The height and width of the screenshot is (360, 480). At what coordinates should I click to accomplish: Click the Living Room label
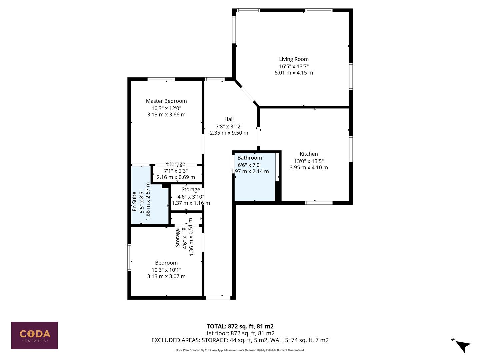pyautogui.click(x=294, y=59)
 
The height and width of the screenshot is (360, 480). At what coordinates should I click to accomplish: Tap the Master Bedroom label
pyautogui.click(x=166, y=101)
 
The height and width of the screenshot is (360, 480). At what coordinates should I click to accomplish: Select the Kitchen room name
pyautogui.click(x=309, y=154)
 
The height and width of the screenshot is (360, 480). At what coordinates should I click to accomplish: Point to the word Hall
pyautogui.click(x=229, y=119)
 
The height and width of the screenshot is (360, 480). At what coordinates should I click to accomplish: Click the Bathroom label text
pyautogui.click(x=250, y=158)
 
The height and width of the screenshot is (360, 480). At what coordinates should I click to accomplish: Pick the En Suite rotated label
pyautogui.click(x=134, y=201)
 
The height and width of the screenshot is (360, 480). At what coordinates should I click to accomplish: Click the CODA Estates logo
pyautogui.click(x=34, y=335)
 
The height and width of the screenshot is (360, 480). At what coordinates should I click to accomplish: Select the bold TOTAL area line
pyautogui.click(x=240, y=326)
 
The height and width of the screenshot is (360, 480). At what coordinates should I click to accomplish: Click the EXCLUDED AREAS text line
pyautogui.click(x=240, y=340)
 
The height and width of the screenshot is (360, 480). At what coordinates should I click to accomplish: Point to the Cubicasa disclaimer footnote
pyautogui.click(x=240, y=350)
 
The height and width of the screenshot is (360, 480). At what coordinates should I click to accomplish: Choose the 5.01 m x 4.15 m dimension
pyautogui.click(x=294, y=73)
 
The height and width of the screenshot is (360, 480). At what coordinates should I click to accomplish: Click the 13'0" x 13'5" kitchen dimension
pyautogui.click(x=309, y=161)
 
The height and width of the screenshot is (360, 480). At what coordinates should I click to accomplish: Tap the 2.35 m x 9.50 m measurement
pyautogui.click(x=229, y=133)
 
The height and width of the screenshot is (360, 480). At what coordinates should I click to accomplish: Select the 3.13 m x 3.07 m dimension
pyautogui.click(x=166, y=276)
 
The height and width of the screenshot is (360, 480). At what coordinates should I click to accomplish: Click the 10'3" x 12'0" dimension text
pyautogui.click(x=166, y=108)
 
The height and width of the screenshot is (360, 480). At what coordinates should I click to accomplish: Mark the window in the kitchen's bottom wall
pyautogui.click(x=319, y=203)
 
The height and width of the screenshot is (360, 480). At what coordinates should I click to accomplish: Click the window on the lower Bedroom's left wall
pyautogui.click(x=129, y=257)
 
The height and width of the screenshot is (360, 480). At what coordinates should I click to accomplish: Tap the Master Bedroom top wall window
pyautogui.click(x=161, y=79)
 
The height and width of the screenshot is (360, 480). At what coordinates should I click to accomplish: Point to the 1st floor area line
pyautogui.click(x=240, y=333)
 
